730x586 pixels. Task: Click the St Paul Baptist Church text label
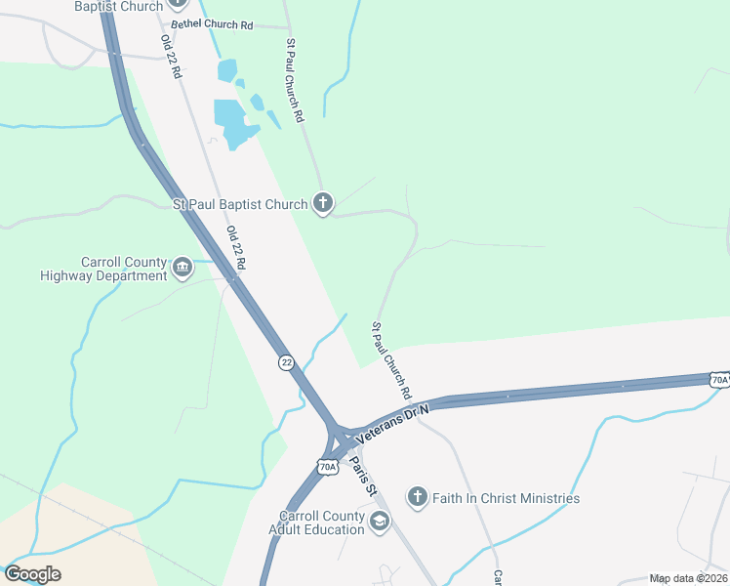point(240,204)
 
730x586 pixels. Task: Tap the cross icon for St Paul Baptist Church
point(323,203)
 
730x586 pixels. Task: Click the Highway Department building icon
point(182,267)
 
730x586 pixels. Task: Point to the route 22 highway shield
point(286,361)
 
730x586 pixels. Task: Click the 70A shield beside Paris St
point(328,467)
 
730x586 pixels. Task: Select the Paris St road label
point(363,476)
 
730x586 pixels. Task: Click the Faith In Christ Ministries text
point(506,498)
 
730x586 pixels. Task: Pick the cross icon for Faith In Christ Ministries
point(418,497)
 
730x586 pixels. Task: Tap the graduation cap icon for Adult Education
point(379,523)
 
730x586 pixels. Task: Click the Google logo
point(32,574)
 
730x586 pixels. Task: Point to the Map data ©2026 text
point(687,578)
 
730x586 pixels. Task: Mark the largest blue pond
point(234,122)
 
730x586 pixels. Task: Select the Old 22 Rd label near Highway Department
point(235,248)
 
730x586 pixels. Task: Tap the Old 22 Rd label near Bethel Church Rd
point(171,57)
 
